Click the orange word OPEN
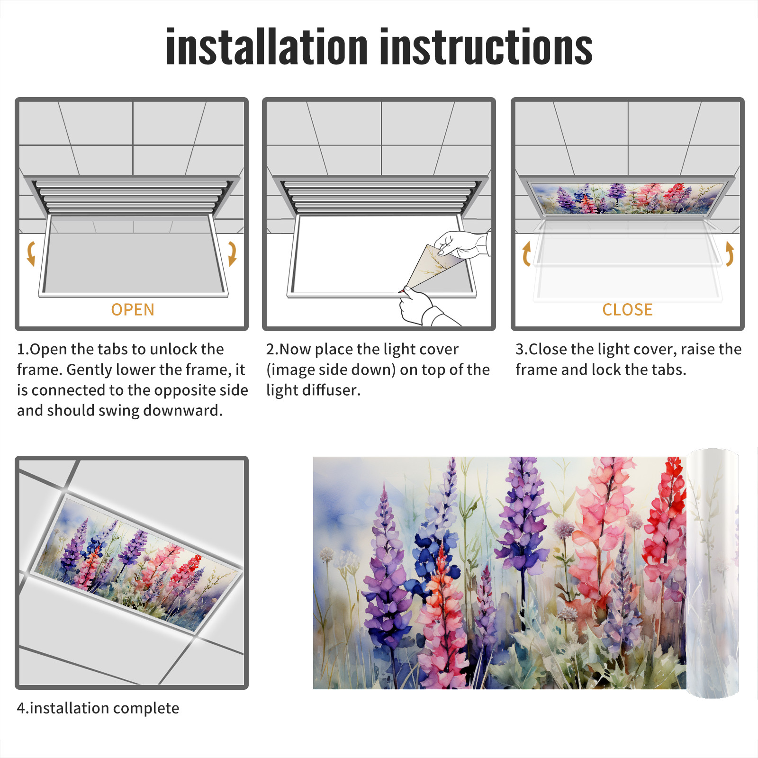[x=133, y=310]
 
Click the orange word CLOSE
[x=627, y=310]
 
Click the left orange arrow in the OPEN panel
[x=31, y=253]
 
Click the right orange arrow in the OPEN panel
[x=232, y=253]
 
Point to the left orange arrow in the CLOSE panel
[x=526, y=253]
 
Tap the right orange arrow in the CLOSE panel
[x=730, y=253]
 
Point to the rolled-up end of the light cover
[x=713, y=573]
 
